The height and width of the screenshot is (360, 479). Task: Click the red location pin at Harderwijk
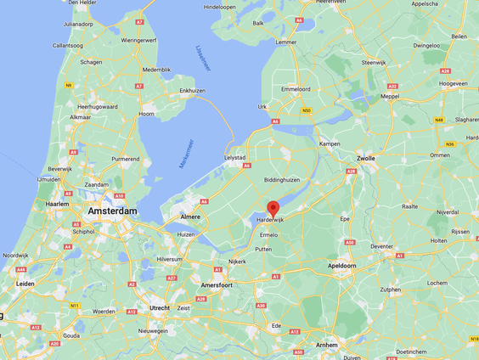point(273,208)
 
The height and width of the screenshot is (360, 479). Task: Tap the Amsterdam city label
point(110,211)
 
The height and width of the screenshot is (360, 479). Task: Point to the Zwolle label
point(367,158)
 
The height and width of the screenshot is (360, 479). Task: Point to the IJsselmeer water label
point(202,58)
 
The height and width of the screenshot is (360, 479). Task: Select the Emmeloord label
point(296,87)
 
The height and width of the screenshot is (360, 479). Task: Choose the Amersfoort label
point(217,285)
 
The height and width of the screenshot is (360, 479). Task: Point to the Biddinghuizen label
point(281,180)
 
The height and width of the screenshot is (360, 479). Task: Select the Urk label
point(262,107)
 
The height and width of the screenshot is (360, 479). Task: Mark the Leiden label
point(26,284)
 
